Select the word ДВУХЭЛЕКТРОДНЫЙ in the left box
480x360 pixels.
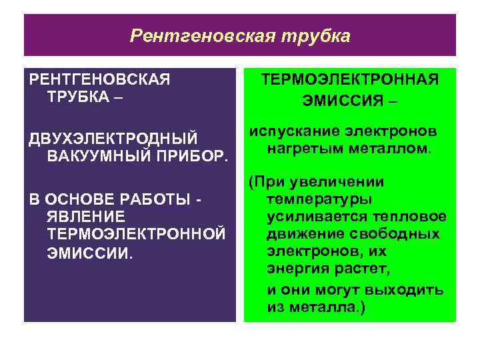(x=113, y=139)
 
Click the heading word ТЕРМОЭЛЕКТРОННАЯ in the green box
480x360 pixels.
(x=350, y=81)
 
